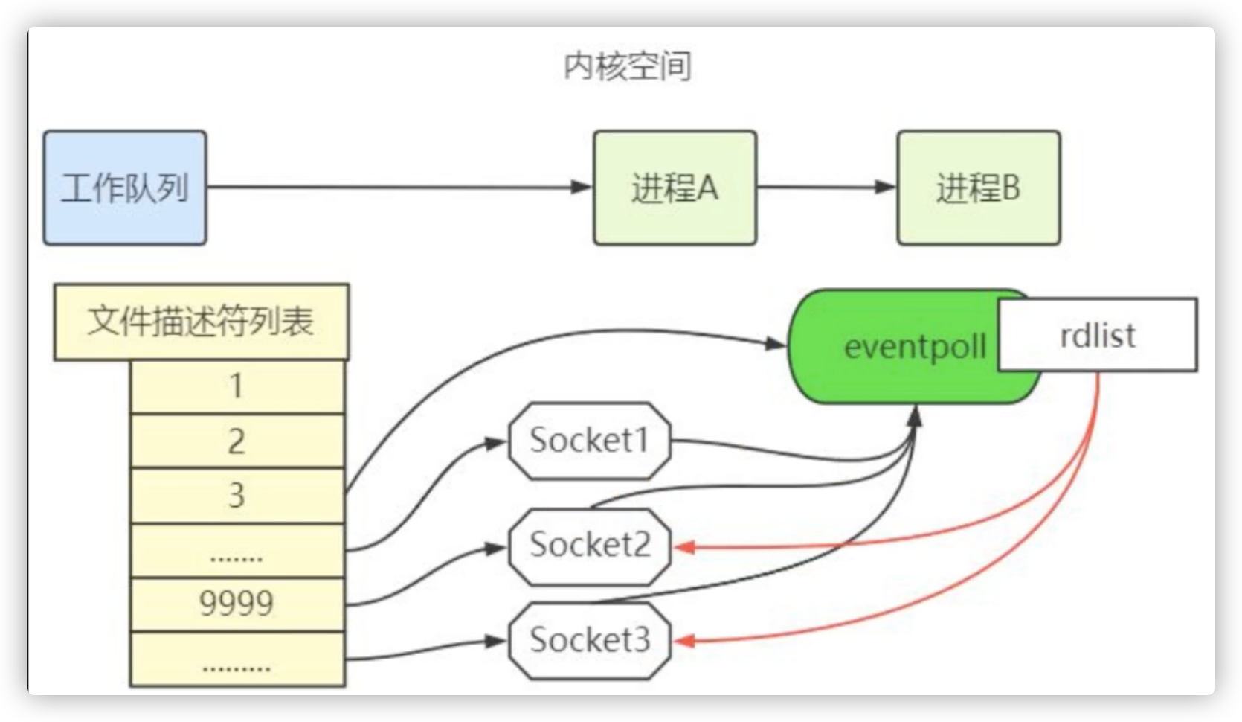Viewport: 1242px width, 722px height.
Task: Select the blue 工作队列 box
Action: pyautogui.click(x=125, y=188)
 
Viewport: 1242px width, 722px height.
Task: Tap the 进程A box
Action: pyautogui.click(x=675, y=188)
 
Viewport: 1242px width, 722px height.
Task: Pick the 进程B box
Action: pyautogui.click(x=978, y=188)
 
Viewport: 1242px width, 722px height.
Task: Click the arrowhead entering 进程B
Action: pyautogui.click(x=886, y=187)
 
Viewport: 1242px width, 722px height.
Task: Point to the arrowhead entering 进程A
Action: pyautogui.click(x=582, y=187)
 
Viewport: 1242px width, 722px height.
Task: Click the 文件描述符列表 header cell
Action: pyautogui.click(x=201, y=322)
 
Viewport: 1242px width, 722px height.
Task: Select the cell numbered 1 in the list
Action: pyautogui.click(x=237, y=386)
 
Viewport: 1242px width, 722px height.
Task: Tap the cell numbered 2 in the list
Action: pyautogui.click(x=237, y=441)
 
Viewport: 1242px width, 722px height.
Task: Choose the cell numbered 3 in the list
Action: pyautogui.click(x=237, y=495)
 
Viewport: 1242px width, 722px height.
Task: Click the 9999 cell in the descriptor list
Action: pyautogui.click(x=237, y=603)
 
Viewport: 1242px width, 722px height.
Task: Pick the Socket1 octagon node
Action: pyautogui.click(x=590, y=441)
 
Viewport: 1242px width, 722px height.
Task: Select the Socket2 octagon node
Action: pyautogui.click(x=590, y=546)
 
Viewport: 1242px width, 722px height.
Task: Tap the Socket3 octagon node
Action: pyautogui.click(x=590, y=640)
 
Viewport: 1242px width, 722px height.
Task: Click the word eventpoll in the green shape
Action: pyautogui.click(x=915, y=347)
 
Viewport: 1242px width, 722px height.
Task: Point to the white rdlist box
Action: pyautogui.click(x=1098, y=335)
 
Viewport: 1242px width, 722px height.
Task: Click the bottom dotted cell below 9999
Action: pyautogui.click(x=237, y=659)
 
